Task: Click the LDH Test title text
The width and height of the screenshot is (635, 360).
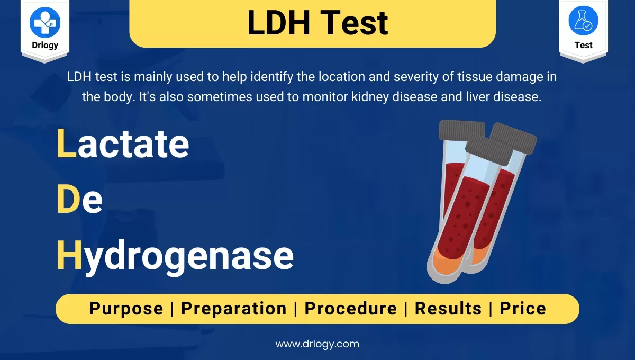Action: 317,23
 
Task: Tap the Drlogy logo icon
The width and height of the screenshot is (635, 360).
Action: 45,22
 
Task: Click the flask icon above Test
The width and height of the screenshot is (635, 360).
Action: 583,21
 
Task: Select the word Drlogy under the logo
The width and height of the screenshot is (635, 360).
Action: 45,46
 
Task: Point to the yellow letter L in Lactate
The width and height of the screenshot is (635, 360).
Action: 66,144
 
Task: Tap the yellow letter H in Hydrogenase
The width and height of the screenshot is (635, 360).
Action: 69,256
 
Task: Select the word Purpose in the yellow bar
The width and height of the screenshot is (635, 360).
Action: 126,309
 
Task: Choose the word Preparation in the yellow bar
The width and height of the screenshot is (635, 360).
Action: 234,309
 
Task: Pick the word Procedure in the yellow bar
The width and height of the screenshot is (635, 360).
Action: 350,309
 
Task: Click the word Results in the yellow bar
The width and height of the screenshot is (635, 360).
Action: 448,309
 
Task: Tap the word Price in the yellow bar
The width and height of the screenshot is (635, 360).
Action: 523,309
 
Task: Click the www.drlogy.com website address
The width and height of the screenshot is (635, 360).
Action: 317,344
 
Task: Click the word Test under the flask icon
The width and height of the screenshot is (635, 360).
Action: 583,46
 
